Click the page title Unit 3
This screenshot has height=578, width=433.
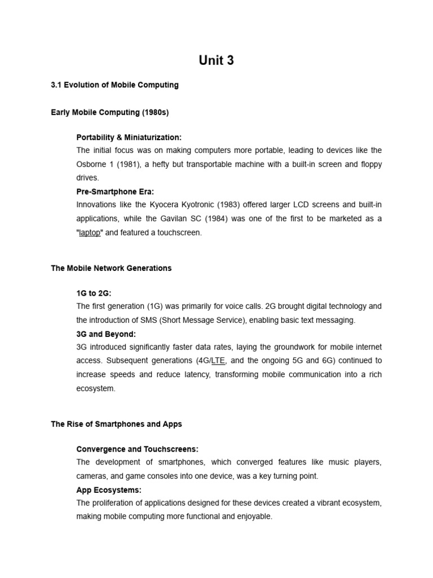[216, 61]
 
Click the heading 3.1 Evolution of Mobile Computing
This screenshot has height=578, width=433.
[114, 85]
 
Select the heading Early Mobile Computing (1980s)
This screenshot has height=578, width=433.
[109, 112]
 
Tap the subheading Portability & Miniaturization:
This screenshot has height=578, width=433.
[129, 137]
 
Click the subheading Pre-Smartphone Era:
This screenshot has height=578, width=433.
[115, 191]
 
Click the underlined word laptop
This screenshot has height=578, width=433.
[89, 233]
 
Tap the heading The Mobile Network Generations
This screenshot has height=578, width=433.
[111, 268]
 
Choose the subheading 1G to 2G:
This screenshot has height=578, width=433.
[94, 293]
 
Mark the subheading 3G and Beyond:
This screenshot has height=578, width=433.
[106, 334]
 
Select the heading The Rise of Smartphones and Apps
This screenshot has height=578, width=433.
[116, 424]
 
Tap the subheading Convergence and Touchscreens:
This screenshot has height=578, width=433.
[137, 449]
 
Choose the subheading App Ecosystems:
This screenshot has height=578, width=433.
[109, 489]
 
